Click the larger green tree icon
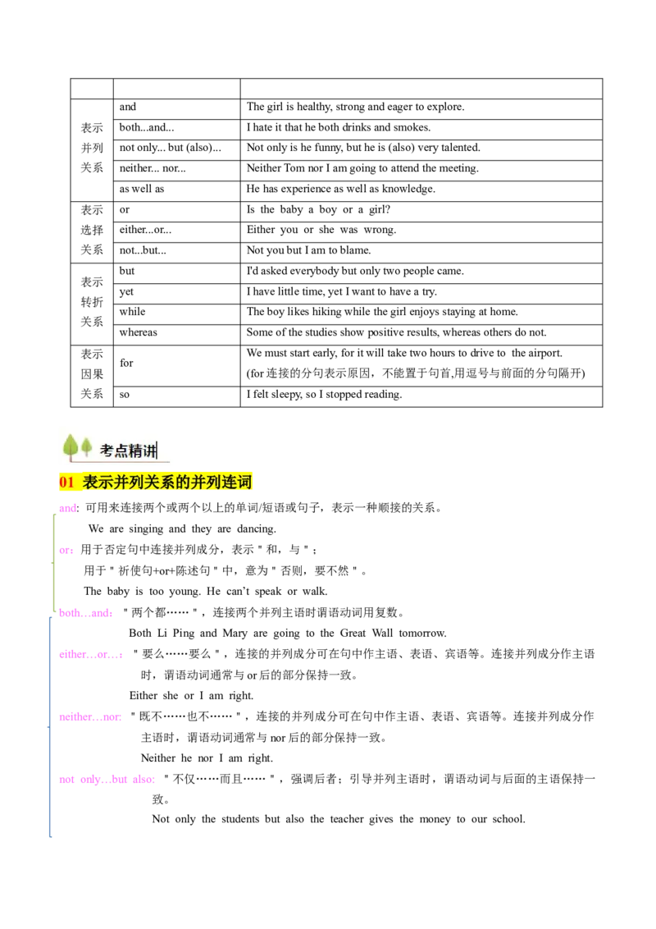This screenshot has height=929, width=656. pos(71,446)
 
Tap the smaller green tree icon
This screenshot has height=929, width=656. pos(86,447)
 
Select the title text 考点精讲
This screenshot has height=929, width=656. pos(127,451)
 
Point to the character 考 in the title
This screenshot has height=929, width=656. pos(107,451)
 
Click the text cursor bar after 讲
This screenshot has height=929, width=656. pos(157,451)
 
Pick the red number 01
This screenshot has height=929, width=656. pos(66,483)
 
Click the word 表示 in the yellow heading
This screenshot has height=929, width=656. pos(98,483)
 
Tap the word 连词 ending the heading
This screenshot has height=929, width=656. pos(238,483)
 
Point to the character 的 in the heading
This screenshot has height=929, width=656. pos(183,483)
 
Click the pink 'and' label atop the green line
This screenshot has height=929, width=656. pos(68,509)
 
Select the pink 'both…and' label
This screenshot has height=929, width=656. pos(87,612)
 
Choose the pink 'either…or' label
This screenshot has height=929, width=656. pos(91,655)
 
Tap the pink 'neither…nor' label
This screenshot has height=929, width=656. pos(91,716)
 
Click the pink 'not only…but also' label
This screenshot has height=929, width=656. pos(107,780)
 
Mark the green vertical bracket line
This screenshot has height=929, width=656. pos(55,566)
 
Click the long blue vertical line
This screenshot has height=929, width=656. pos(49,739)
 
